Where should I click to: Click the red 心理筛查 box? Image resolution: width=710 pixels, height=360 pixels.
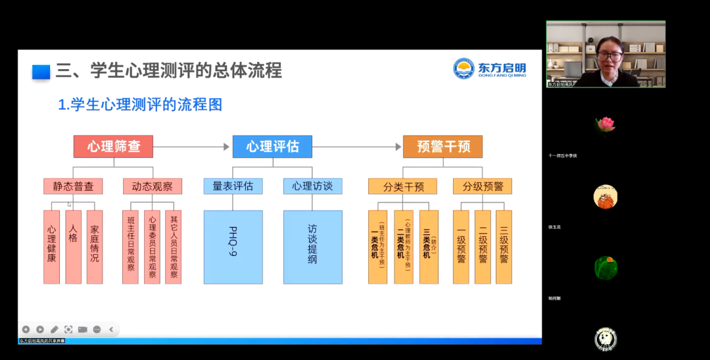(113, 146)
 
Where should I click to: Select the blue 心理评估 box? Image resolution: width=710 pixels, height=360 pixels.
(272, 146)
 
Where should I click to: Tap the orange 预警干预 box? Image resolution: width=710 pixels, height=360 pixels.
(443, 146)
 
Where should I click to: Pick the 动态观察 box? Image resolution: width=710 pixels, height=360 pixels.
(152, 186)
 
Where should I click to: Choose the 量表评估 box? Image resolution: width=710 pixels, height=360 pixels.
(233, 186)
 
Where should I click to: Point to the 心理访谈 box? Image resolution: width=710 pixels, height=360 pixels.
(313, 186)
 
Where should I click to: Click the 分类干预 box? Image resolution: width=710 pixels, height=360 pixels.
(404, 186)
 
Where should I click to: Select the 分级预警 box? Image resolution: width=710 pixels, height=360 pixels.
(483, 186)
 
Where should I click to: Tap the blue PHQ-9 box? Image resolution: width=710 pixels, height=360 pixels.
(233, 247)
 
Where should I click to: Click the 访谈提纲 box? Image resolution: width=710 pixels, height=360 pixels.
(313, 247)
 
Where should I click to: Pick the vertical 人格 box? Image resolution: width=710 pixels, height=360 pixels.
(73, 247)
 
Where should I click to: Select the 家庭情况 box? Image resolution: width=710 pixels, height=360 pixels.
(95, 247)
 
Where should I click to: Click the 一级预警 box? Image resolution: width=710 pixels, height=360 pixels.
(461, 247)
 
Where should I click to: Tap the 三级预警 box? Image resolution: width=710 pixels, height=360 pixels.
(504, 247)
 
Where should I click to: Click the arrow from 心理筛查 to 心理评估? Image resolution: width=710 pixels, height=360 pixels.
(192, 147)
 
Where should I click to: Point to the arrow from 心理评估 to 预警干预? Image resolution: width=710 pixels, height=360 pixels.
(357, 147)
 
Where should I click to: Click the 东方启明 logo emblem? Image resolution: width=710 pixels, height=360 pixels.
(464, 68)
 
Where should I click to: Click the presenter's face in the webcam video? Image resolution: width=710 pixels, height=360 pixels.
(609, 56)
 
